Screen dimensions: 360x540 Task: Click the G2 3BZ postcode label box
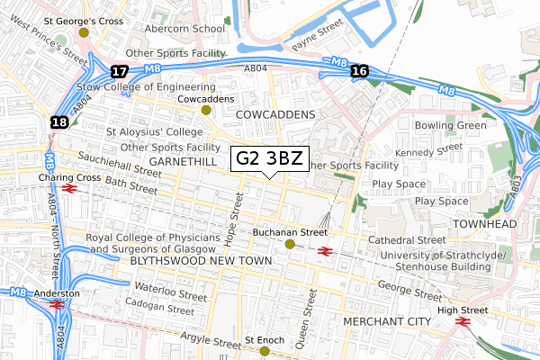pos(269,159)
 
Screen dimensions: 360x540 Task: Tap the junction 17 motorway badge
pos(119,70)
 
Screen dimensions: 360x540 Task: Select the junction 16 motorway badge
pos(360,71)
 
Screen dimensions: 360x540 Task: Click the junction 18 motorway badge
pos(59,122)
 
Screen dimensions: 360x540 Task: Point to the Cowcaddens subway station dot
pos(206,110)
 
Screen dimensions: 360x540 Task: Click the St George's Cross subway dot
pos(84,31)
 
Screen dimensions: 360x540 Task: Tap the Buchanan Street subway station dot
pos(290,244)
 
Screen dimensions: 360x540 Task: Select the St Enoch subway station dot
pos(265,351)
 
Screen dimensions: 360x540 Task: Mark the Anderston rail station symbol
pos(57,305)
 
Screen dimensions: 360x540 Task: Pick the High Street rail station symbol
pos(464,321)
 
